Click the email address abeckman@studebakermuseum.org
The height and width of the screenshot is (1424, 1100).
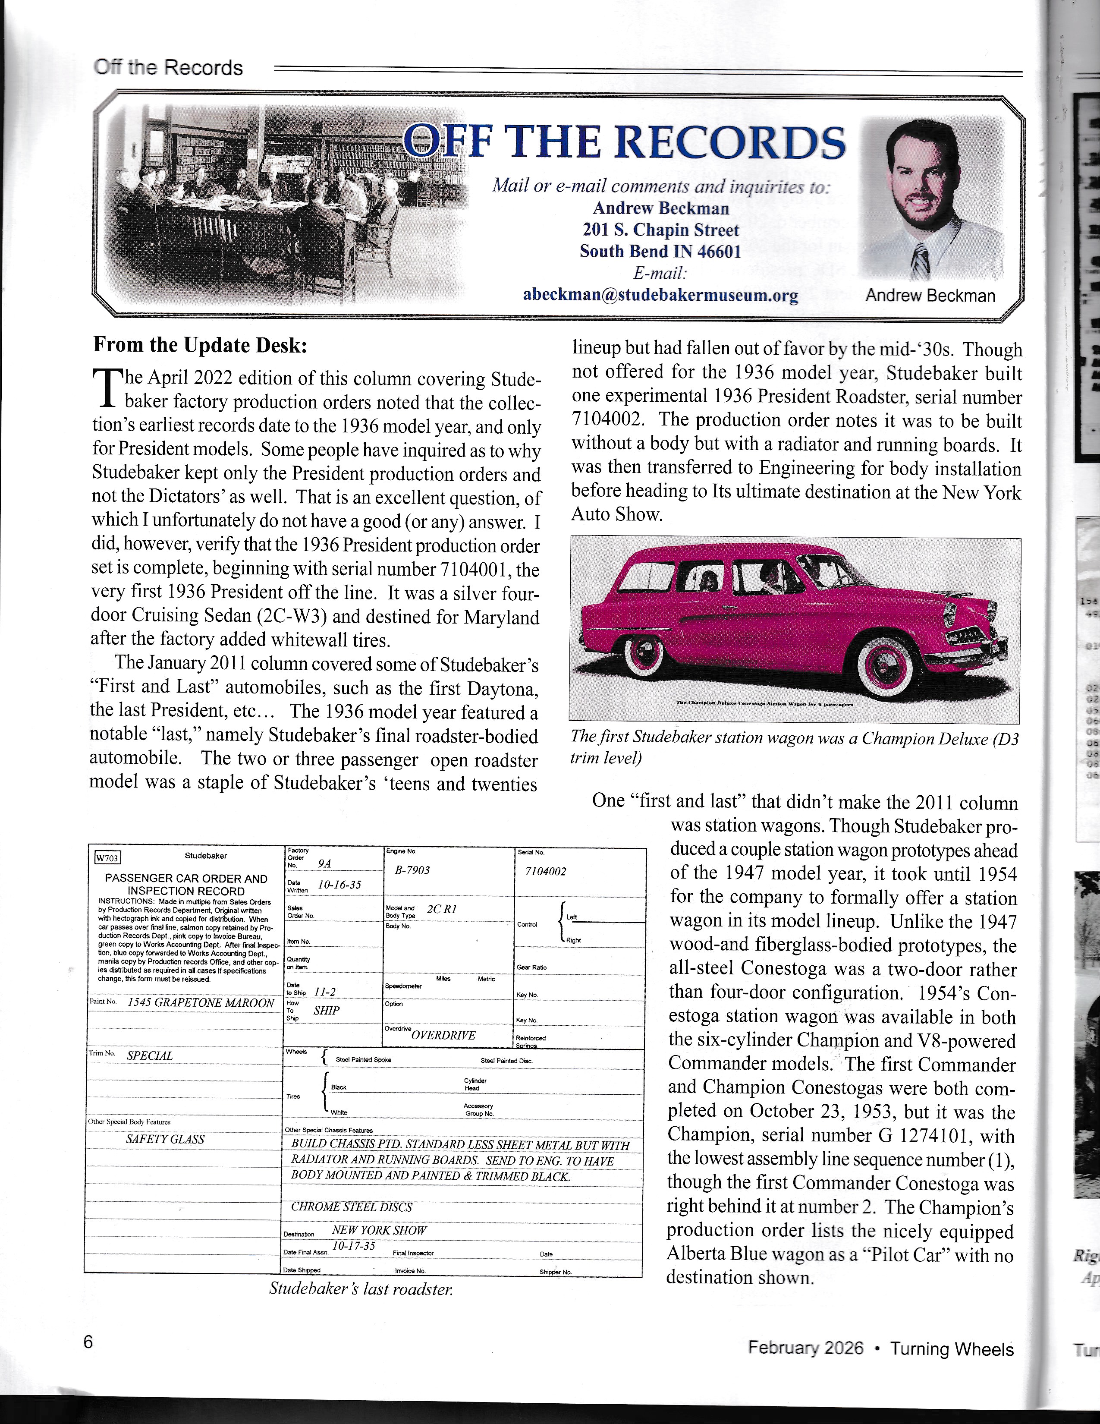coord(660,295)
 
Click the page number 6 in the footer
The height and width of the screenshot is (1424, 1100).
coord(88,1342)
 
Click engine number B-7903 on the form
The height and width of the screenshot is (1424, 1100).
coord(412,870)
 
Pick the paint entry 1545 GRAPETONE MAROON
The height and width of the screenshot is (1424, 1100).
coord(201,1003)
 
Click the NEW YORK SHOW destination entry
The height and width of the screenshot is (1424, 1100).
coord(379,1230)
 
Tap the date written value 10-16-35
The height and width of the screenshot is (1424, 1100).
coord(339,885)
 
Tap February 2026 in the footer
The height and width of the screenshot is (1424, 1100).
coord(805,1348)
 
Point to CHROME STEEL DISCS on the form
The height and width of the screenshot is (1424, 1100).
coord(351,1207)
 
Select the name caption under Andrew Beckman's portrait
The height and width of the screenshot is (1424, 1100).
coord(930,295)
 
